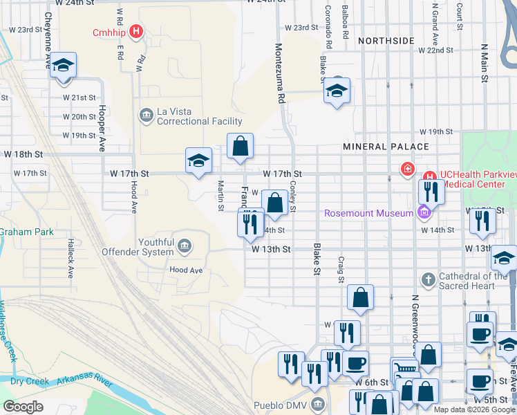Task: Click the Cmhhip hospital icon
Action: (137, 32)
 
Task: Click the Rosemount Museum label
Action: (369, 213)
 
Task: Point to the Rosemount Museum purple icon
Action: (423, 212)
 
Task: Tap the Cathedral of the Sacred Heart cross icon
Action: (429, 280)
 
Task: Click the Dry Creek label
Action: (27, 381)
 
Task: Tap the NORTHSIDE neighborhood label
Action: (386, 41)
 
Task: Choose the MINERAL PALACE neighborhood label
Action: (386, 147)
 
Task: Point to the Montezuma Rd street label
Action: (280, 73)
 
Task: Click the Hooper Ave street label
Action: (102, 128)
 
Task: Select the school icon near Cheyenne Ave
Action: (64, 66)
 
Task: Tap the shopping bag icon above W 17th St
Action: (240, 147)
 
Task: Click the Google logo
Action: (23, 407)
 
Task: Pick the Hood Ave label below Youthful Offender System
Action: (186, 270)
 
